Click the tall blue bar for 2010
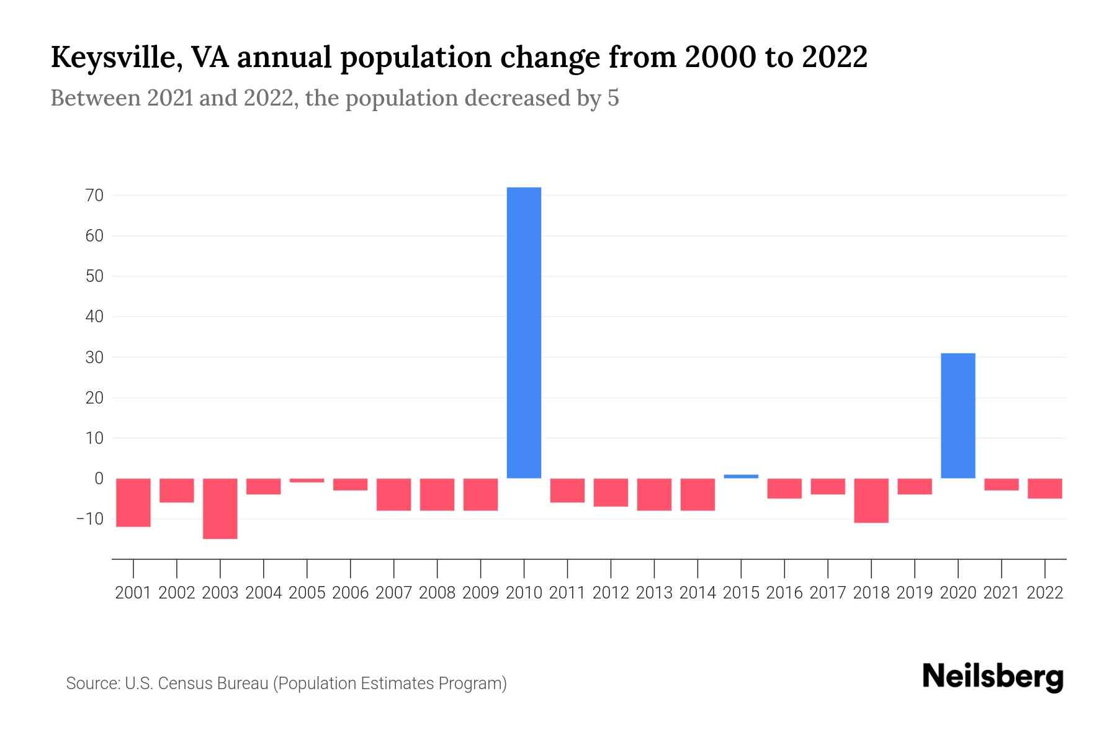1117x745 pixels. click(x=524, y=332)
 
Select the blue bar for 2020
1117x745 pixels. click(x=958, y=415)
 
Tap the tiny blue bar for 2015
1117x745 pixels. click(x=741, y=476)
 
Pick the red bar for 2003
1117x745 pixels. click(x=220, y=508)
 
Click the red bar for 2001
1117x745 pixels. click(x=133, y=502)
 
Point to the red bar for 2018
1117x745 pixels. click(x=871, y=500)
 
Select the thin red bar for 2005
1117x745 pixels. click(x=307, y=481)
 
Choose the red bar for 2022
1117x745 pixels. click(x=1045, y=489)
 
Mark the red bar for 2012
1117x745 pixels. click(x=611, y=492)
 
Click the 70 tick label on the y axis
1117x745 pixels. click(x=94, y=196)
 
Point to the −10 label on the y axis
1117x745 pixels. click(x=89, y=518)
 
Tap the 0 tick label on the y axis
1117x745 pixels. click(x=99, y=479)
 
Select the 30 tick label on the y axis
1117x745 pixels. click(x=94, y=358)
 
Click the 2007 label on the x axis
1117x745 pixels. click(x=393, y=593)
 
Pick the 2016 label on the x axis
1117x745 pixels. click(x=784, y=593)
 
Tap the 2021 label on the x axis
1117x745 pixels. click(x=1001, y=593)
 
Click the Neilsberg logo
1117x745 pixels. click(x=992, y=677)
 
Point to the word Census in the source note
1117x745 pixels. click(x=178, y=684)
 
